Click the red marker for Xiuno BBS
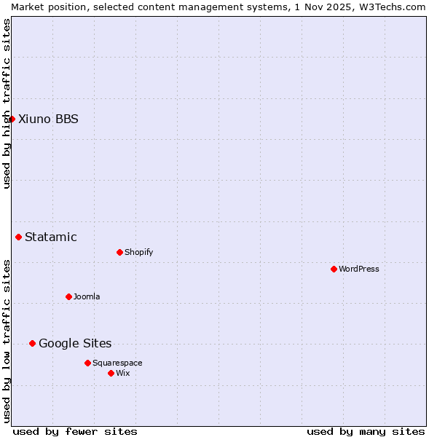point(12,119)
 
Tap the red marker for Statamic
point(19,237)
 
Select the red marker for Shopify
point(119,252)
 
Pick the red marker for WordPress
point(334,269)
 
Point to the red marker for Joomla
point(68,296)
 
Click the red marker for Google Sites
point(33,343)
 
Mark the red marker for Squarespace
point(87,363)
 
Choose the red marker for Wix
point(111,373)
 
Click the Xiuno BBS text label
point(48,119)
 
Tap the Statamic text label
point(51,237)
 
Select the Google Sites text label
point(75,344)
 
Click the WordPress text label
point(359,269)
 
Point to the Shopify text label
point(139,253)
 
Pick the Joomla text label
point(87,297)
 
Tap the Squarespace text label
point(117,363)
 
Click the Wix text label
point(123,374)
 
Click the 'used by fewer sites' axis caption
point(75,431)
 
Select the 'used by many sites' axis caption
point(366,431)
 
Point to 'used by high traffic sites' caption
point(7,103)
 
